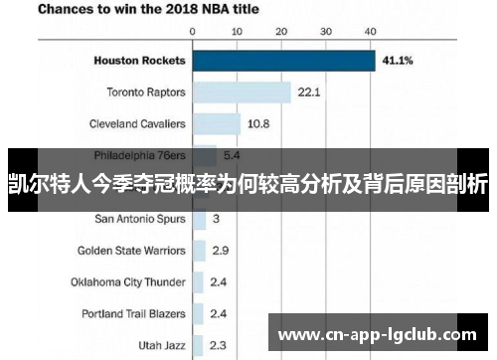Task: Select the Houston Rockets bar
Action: coord(283,61)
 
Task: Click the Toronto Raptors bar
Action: coord(242,92)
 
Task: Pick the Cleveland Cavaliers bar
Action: coord(216,124)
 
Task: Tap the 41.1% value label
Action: coord(400,61)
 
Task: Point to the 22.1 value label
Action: coord(309,92)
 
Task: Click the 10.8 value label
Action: coord(258,124)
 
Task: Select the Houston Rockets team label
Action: coord(139,61)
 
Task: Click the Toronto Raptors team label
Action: coord(146,92)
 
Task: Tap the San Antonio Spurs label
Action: coord(139,218)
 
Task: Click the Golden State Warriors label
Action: coord(131,250)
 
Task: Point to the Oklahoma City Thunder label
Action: coord(127,281)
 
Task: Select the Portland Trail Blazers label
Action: coord(133,313)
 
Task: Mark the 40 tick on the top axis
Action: coord(370,32)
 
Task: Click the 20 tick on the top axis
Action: coord(280,32)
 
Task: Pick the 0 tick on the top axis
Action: coord(192,32)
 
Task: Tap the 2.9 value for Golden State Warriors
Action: coord(220,250)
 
